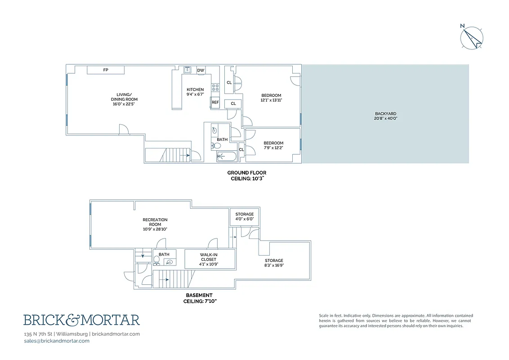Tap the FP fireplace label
[106, 70]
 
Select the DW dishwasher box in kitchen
[201, 70]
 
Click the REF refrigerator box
[215, 103]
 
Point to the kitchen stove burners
[215, 88]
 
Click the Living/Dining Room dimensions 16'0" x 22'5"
[124, 104]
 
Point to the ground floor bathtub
[227, 157]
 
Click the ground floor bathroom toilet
[214, 146]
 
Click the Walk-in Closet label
[208, 259]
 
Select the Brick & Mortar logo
[81, 320]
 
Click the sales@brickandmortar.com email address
[56, 341]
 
